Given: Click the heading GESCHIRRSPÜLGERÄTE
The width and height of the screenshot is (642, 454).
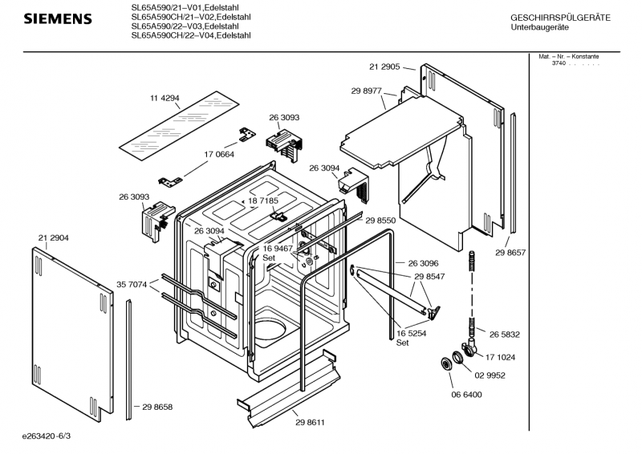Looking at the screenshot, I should point(560,17).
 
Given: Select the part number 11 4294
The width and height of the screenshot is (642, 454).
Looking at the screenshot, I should point(165,98).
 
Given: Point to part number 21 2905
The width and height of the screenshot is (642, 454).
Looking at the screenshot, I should point(385,66).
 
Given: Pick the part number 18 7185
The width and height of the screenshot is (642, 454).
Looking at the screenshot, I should point(263,201).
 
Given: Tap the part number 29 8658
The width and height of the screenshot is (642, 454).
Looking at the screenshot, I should point(157,407).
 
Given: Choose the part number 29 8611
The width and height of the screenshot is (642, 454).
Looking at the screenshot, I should point(310,422).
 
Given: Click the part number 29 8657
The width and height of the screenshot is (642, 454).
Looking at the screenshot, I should point(510,253).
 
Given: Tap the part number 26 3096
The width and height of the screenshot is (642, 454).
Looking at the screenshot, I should point(423,263).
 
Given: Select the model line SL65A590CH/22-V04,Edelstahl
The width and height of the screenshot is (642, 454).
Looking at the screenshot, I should point(191,35).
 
